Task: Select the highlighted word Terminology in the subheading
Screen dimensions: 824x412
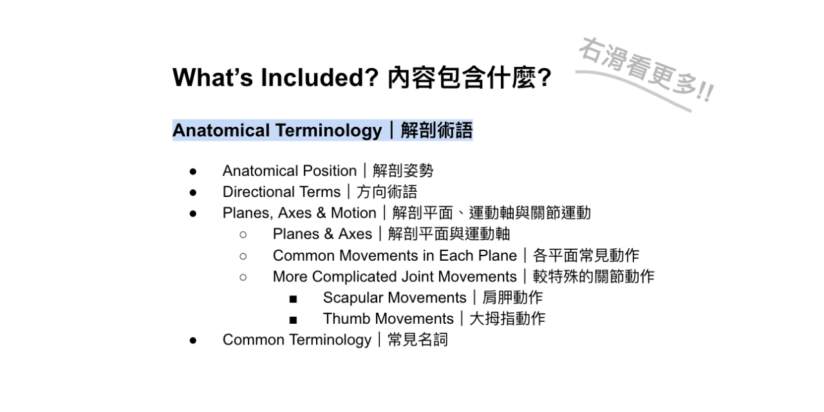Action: tap(328, 131)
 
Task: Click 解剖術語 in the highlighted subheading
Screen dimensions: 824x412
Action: tap(436, 130)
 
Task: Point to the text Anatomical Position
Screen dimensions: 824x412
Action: tap(290, 171)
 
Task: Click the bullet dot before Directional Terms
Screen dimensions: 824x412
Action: tap(193, 192)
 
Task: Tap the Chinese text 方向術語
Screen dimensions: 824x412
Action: tap(387, 192)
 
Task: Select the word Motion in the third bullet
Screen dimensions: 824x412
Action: tap(353, 213)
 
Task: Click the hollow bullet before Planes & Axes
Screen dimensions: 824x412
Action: tap(243, 235)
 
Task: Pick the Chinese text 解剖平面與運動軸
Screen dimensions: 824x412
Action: tap(449, 234)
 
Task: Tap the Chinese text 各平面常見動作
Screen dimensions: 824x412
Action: tap(586, 256)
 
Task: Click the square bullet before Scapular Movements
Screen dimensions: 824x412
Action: tap(293, 299)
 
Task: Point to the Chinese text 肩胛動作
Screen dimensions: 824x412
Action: tap(512, 297)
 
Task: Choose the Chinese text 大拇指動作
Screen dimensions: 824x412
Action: tap(507, 319)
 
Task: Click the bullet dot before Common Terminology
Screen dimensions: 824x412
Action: tap(193, 341)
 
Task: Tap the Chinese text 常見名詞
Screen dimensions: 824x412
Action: tap(418, 339)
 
